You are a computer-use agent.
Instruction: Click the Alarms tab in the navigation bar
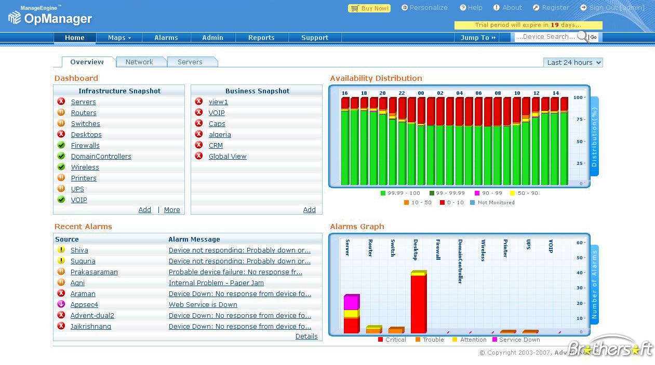[166, 38]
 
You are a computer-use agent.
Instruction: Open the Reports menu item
[261, 38]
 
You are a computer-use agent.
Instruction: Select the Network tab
[139, 62]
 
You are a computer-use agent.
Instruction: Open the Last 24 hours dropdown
[573, 63]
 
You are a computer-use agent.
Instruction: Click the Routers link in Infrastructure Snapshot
[84, 113]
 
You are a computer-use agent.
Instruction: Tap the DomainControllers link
[101, 157]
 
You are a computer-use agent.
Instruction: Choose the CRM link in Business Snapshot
[216, 146]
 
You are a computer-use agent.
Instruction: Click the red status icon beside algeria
[198, 134]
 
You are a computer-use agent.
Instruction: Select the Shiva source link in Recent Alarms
[79, 250]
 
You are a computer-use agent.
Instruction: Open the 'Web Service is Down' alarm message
[203, 305]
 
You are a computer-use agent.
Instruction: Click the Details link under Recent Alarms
[306, 336]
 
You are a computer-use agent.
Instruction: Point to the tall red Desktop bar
[418, 303]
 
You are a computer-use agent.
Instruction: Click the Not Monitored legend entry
[496, 203]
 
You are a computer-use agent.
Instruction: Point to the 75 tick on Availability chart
[578, 119]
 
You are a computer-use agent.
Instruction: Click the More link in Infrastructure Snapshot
[172, 210]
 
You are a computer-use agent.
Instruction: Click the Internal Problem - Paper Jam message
[216, 283]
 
